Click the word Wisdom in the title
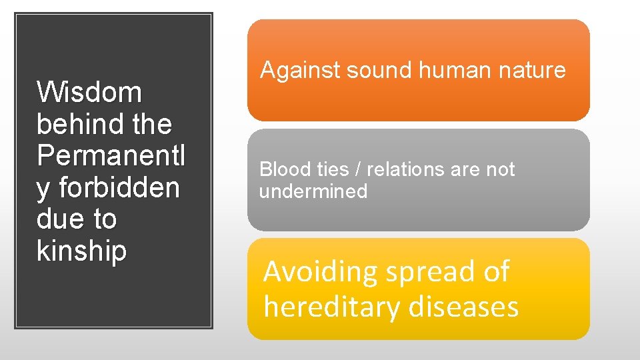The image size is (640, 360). [89, 92]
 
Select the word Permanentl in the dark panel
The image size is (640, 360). [111, 155]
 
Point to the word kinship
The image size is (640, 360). [81, 251]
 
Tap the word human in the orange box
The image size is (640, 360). [441, 70]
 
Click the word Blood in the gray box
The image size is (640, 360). [281, 169]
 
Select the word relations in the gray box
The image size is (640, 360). [406, 169]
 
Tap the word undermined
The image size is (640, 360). [313, 191]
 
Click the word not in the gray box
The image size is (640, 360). [500, 169]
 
